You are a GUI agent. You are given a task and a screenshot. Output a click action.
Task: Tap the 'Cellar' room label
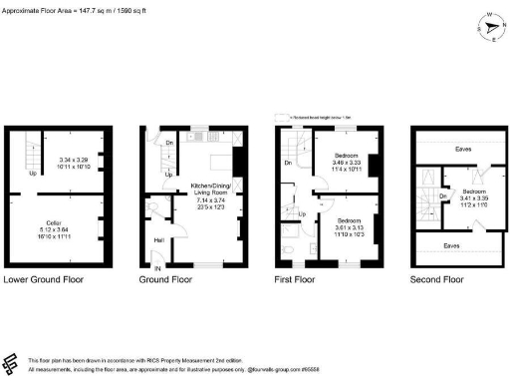click(54, 222)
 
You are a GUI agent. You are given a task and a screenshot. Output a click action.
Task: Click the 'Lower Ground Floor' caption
click(44, 280)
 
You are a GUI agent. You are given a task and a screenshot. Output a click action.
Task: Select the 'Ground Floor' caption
click(166, 280)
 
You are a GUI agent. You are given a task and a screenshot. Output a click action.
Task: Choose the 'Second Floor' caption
click(437, 280)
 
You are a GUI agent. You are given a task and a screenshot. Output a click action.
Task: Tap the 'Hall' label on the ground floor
click(158, 239)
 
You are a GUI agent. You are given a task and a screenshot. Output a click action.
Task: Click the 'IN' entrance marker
click(155, 267)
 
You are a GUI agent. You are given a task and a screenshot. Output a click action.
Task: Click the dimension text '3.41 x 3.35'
click(474, 197)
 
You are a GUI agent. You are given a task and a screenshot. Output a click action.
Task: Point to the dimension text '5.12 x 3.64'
click(54, 229)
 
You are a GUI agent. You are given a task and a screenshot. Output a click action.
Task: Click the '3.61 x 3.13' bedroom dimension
click(350, 226)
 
